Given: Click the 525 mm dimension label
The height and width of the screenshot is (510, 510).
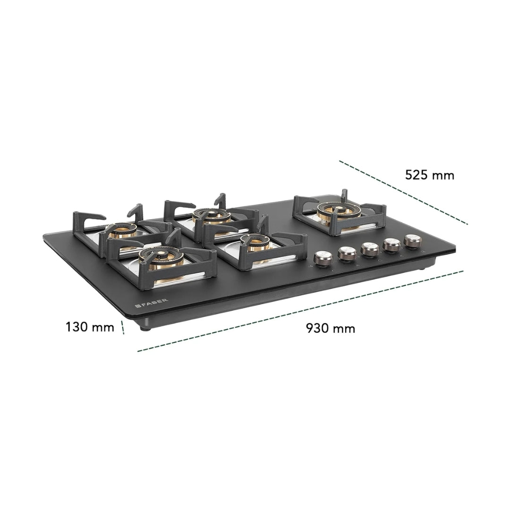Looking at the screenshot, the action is [429, 175].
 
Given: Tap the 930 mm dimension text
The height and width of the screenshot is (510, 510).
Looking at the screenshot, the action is [331, 328].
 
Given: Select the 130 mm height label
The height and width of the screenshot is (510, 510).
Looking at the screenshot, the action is [90, 327].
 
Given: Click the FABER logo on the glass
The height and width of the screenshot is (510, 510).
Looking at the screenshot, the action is [152, 303].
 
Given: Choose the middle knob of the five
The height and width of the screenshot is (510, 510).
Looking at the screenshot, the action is [370, 249].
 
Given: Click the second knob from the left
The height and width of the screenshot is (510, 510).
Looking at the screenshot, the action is [347, 254].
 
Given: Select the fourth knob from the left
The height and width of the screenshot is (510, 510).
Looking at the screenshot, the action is [392, 245].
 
